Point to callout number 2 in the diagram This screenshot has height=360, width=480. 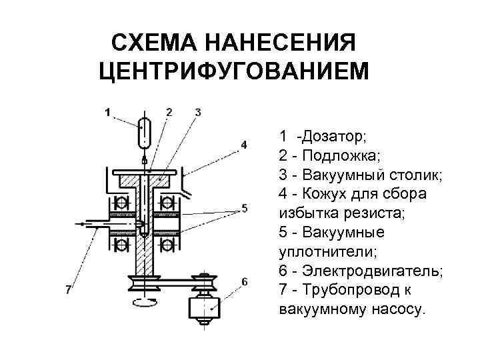[x=169, y=111]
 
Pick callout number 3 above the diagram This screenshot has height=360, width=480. [x=198, y=111]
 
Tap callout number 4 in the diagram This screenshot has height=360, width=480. [x=244, y=145]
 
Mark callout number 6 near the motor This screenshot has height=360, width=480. [x=245, y=281]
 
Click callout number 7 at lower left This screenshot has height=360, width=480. [x=69, y=289]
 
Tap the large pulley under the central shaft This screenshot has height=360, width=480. [x=145, y=285]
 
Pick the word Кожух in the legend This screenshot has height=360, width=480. [x=320, y=194]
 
